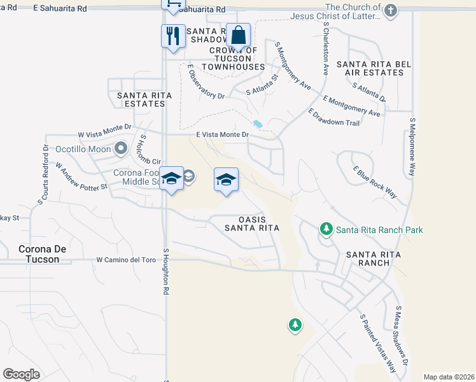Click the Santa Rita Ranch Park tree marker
[326, 228]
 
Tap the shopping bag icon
[238, 35]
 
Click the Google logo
[21, 374]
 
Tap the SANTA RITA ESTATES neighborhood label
[144, 99]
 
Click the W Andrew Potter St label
[80, 178]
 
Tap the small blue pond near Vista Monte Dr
[258, 124]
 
